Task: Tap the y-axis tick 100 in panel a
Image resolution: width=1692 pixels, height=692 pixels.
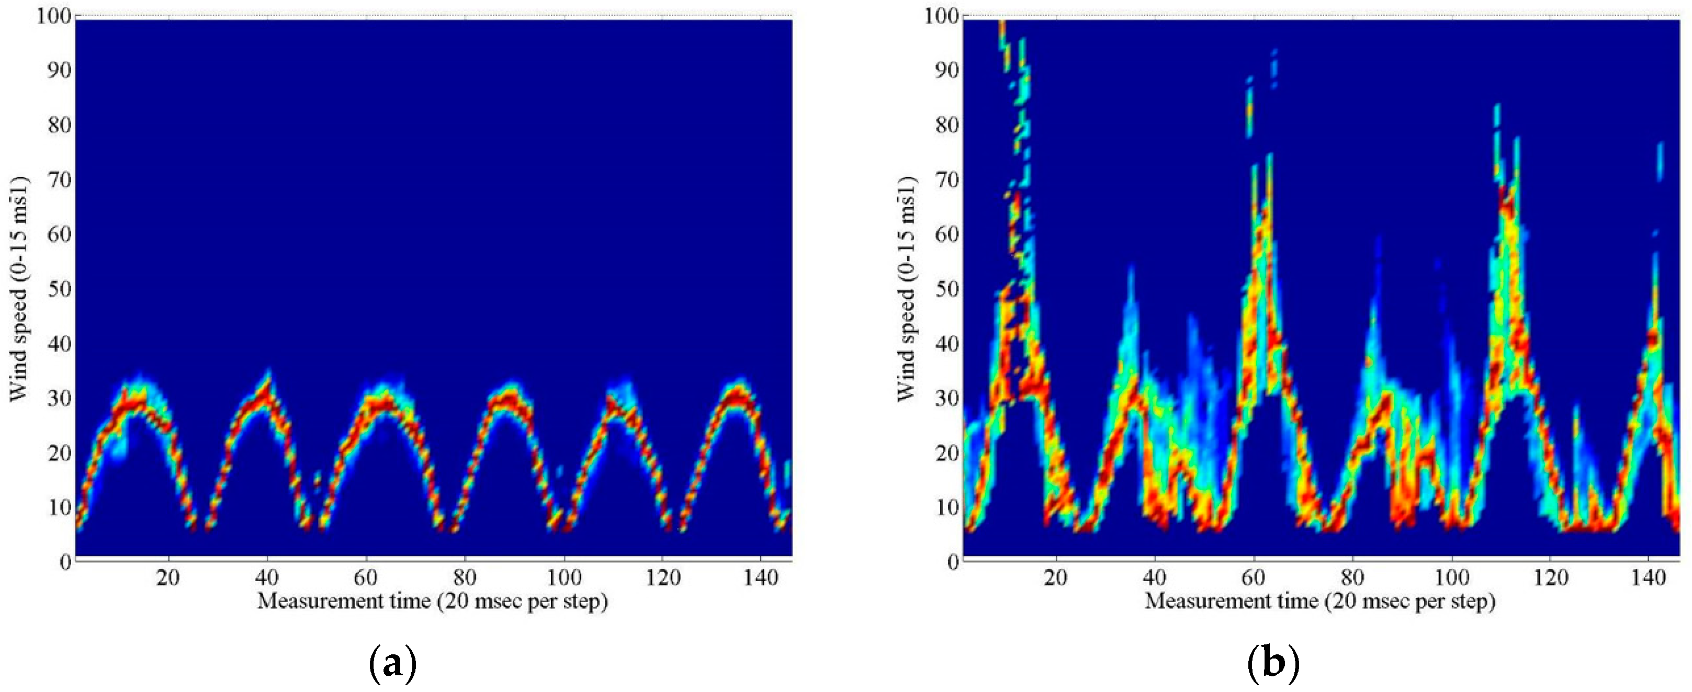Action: [x=53, y=16]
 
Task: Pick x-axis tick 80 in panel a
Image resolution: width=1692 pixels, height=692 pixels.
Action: [x=465, y=578]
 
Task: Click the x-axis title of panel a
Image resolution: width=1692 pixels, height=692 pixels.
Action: [x=432, y=602]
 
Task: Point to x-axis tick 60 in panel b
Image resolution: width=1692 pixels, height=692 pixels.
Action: [x=1253, y=578]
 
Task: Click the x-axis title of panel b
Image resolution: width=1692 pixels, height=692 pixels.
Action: [x=1320, y=602]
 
